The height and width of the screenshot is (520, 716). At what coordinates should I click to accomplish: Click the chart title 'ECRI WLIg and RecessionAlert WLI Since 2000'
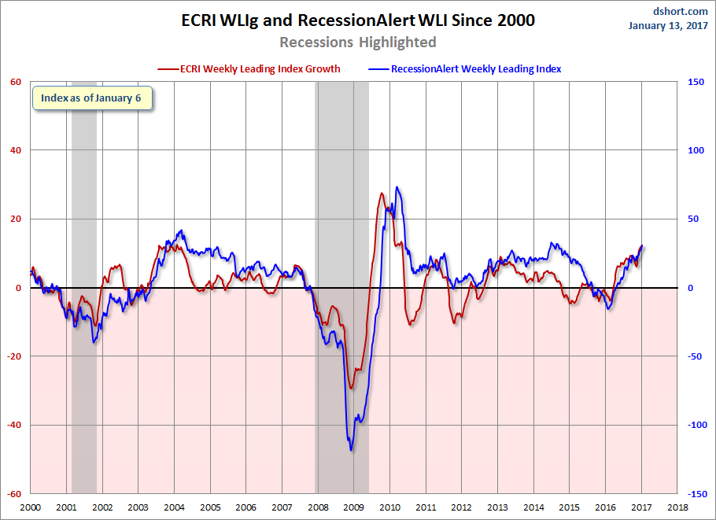tap(358, 20)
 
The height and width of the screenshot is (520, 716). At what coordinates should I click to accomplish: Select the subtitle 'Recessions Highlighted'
tap(358, 42)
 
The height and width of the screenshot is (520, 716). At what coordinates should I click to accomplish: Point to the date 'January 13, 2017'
tap(669, 25)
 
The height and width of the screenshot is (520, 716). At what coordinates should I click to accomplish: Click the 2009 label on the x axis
tap(353, 507)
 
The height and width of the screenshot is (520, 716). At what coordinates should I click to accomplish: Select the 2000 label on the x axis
tap(31, 507)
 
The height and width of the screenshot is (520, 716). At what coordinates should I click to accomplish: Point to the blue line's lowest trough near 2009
tap(350, 450)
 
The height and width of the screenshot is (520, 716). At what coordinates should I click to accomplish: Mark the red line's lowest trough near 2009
tap(351, 388)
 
